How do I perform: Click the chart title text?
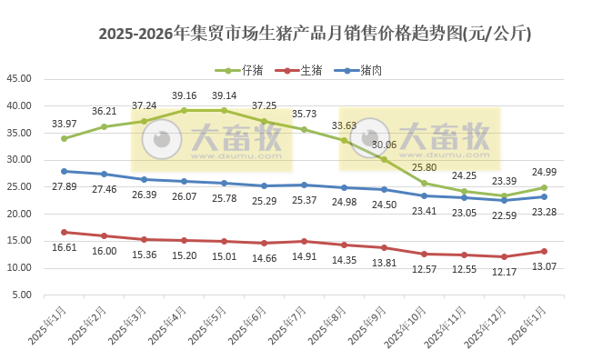pos(315,35)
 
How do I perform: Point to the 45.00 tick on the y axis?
pos(19,78)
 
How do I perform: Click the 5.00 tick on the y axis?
pos(22,295)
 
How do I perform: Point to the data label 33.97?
pos(64,124)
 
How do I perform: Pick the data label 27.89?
pos(64,186)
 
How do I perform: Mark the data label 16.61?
pos(64,246)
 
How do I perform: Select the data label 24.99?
pos(544,173)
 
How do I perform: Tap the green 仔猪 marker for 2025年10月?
pos(424,184)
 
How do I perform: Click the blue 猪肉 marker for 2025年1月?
pos(64,171)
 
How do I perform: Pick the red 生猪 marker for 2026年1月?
pos(544,251)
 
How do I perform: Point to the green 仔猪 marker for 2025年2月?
pos(104,126)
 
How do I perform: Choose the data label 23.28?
pos(544,211)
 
